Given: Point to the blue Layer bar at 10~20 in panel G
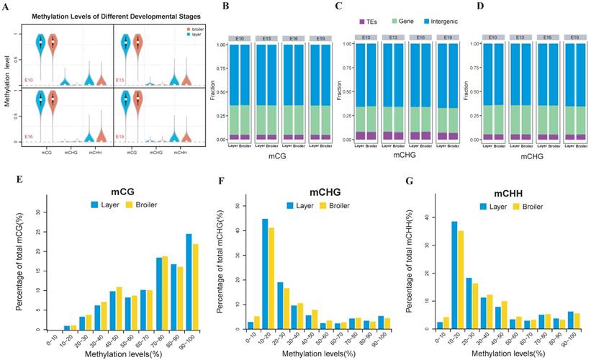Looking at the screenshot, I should coord(434,276).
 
